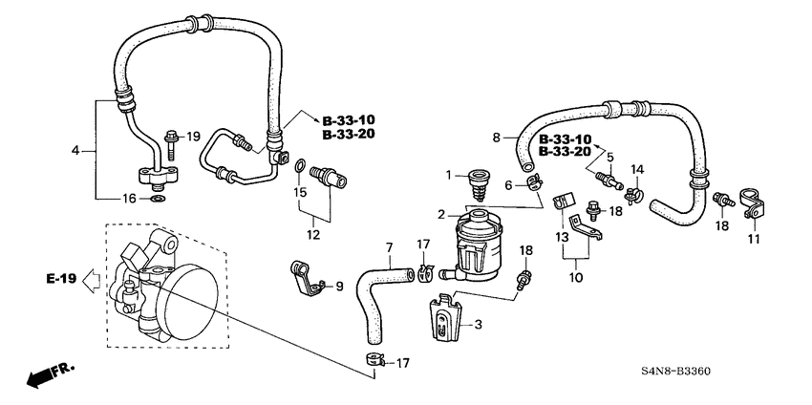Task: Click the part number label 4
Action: point(75,150)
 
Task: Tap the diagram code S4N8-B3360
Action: point(682,372)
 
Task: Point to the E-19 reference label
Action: point(59,280)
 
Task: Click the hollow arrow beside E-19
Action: point(91,280)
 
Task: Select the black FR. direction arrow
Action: point(43,375)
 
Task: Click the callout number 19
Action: point(194,138)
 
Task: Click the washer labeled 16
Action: point(156,199)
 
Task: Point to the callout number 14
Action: point(636,169)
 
